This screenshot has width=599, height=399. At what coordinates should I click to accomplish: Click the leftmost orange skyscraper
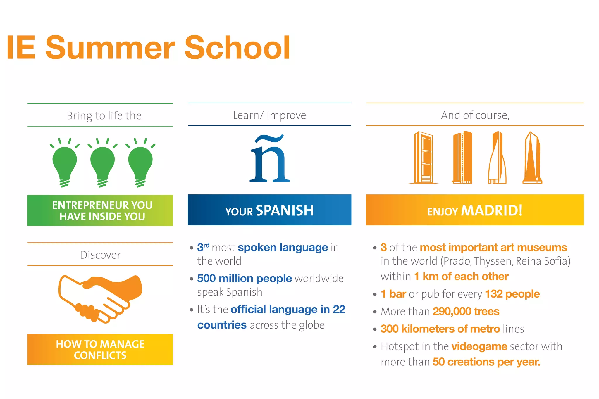423,158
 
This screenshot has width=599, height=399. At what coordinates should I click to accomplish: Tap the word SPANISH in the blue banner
285,210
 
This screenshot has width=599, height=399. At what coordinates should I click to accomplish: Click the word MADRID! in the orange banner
492,210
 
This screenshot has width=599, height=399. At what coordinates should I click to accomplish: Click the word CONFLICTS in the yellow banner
100,355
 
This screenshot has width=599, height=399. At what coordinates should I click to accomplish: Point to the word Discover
100,255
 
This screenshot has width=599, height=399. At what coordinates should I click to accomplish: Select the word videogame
479,346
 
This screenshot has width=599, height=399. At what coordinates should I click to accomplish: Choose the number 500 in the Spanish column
206,278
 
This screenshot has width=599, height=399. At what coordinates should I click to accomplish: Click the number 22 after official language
339,309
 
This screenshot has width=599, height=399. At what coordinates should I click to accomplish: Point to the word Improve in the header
286,115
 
